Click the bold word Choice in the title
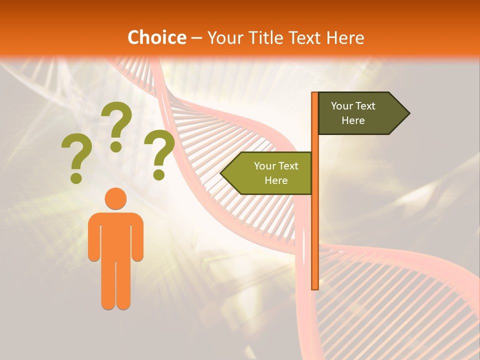(156, 37)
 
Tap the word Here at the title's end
(345, 37)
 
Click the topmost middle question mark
(116, 125)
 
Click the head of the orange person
(115, 199)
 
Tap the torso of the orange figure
(115, 235)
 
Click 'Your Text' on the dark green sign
(353, 106)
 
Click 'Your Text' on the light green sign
(276, 166)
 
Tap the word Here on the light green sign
(276, 180)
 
